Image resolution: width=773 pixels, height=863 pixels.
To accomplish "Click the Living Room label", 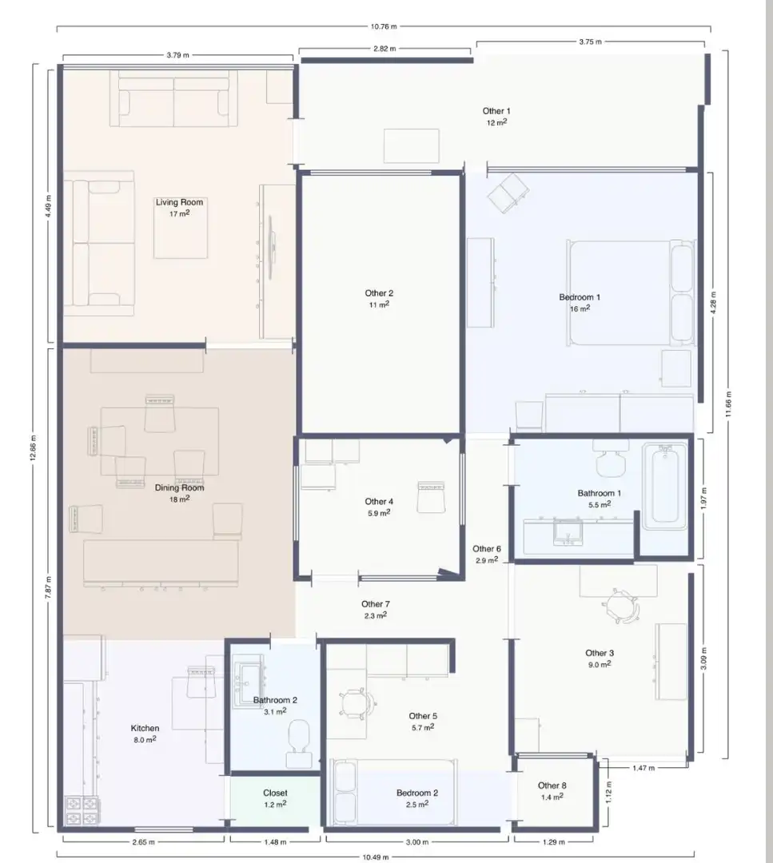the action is pos(180,202).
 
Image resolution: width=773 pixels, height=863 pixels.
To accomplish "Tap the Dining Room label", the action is pos(180,487).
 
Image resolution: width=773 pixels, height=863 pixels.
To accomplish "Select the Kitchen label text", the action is pos(145,728).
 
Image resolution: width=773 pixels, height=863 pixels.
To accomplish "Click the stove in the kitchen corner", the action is pos(82,811).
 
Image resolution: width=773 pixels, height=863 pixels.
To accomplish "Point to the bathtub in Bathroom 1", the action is pos(664,487).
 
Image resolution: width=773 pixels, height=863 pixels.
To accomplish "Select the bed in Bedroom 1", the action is pos(631,292).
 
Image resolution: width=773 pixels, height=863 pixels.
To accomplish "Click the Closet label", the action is pos(275,793).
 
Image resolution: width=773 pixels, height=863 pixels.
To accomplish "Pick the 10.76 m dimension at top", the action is pos(384,26).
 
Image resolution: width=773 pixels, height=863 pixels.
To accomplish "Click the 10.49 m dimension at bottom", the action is pos(376,857).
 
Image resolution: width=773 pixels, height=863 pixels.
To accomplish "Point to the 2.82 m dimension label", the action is pos(385,49).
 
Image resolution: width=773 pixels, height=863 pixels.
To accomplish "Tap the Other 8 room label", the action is pos(552,785).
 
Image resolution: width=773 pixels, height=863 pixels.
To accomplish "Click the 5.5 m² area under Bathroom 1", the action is pos(600,504).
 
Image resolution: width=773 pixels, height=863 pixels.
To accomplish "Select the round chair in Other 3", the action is pos(621,606).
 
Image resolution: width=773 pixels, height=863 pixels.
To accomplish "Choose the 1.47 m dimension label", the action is pos(644,768).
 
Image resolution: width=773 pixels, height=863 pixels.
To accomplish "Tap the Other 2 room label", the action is pos(380,293).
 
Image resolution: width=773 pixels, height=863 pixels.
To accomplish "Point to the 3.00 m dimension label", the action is pos(416,842).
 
